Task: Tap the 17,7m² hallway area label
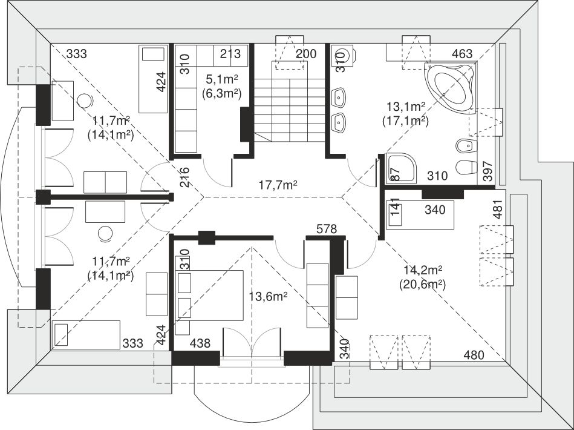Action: point(278,185)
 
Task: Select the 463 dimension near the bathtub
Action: point(462,54)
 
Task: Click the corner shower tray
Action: point(401,168)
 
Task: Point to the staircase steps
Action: point(289,110)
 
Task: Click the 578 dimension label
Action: point(326,229)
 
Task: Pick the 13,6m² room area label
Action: point(268,296)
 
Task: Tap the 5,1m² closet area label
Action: point(221,79)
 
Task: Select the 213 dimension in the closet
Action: point(230,53)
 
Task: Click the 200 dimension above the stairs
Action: point(305,54)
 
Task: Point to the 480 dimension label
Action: point(474,355)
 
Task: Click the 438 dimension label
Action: point(200,343)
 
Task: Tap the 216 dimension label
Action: point(184,177)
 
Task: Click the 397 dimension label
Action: point(488,171)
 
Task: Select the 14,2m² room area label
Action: point(423,270)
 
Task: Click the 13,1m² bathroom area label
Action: point(406,107)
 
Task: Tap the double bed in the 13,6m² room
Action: point(209,296)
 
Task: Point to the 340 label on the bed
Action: point(435,210)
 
